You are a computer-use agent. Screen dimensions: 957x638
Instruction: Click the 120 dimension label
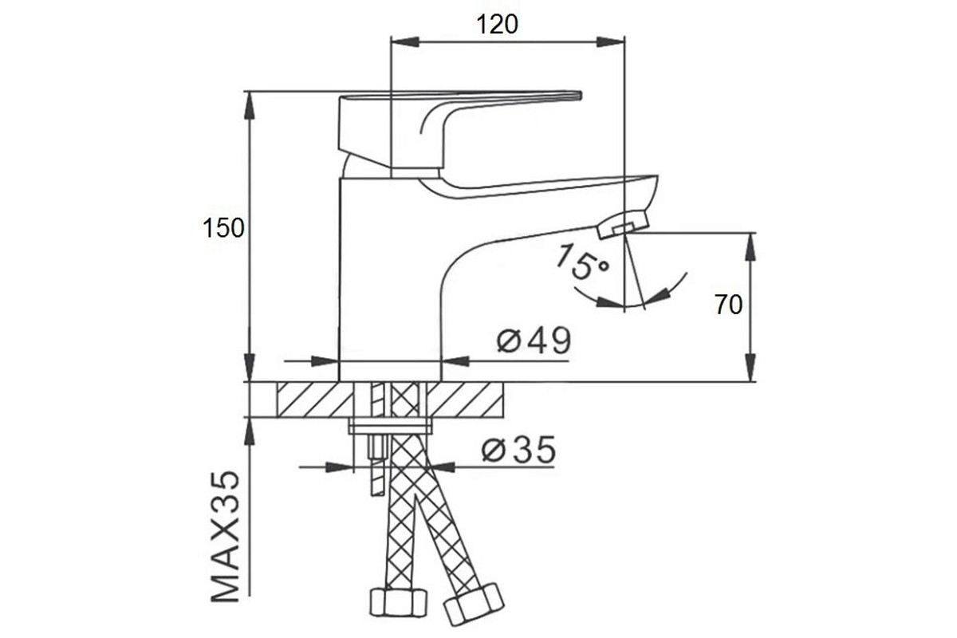coord(496,25)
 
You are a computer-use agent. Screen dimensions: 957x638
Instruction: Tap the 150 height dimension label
coord(223,228)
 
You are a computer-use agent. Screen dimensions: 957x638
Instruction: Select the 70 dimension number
coord(728,305)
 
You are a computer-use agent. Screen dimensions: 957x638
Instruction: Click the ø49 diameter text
coord(534,341)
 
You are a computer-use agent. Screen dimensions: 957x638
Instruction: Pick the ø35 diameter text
coord(518,450)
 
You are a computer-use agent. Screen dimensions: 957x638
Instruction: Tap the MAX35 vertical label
coord(226,536)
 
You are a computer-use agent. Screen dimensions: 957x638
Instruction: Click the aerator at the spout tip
coord(623,224)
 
